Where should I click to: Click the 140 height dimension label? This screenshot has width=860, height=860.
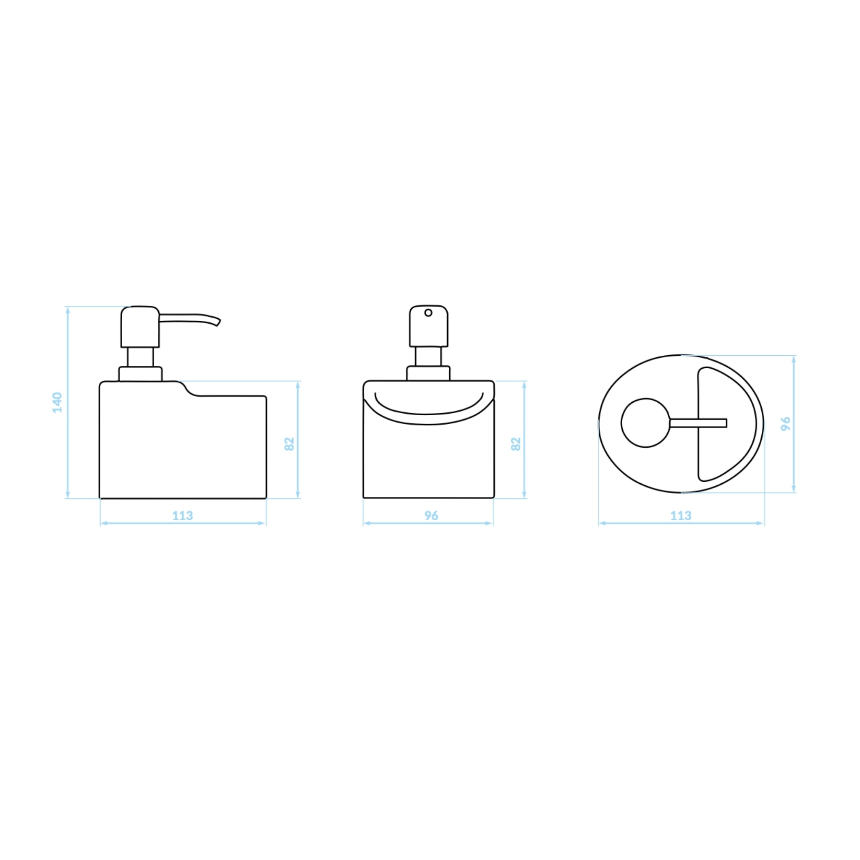point(58,402)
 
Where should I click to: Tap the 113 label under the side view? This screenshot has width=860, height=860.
point(183,516)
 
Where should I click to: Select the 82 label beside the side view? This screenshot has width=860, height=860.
point(289,444)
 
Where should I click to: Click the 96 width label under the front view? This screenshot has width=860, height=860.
point(431,516)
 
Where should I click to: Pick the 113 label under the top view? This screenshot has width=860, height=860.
point(681,516)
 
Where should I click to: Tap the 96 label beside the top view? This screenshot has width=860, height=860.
point(786,423)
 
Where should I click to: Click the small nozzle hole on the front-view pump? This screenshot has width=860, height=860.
point(428,313)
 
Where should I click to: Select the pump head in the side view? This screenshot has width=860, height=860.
point(140,327)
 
